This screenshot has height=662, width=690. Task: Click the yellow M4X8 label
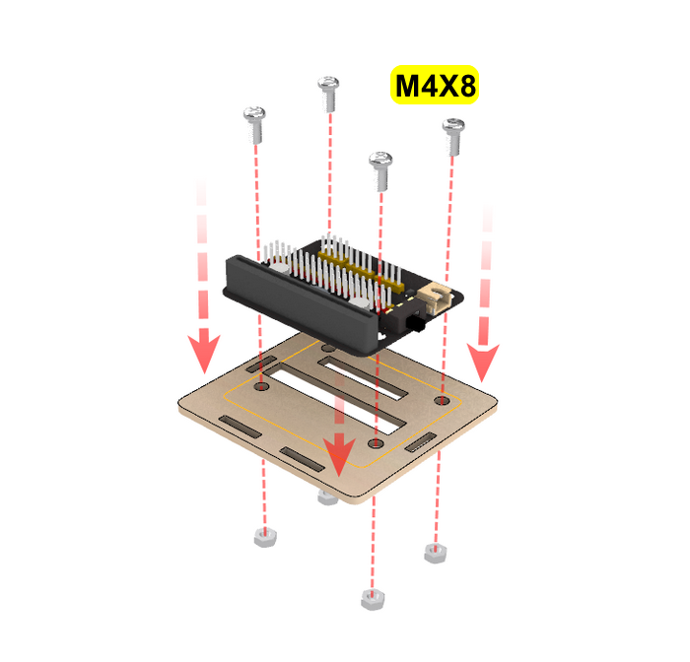(x=435, y=85)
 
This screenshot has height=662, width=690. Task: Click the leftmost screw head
(x=254, y=114)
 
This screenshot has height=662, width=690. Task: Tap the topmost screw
(x=328, y=94)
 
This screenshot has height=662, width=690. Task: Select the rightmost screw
(x=453, y=137)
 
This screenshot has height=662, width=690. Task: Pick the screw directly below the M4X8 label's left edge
(x=380, y=171)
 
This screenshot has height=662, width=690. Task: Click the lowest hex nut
(x=373, y=599)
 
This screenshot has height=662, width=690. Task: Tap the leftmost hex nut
(x=265, y=538)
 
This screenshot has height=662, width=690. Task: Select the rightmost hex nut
(x=436, y=553)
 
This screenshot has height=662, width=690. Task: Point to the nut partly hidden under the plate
(x=327, y=498)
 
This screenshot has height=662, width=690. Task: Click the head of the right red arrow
(x=483, y=361)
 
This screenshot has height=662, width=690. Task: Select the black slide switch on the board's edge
(x=415, y=325)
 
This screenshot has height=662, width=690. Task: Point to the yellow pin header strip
(x=361, y=268)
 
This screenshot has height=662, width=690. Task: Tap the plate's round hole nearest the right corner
(x=442, y=400)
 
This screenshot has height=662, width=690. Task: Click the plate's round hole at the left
(x=262, y=386)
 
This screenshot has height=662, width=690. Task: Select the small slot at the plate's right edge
(x=420, y=442)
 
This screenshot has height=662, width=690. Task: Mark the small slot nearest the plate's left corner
(x=240, y=427)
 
